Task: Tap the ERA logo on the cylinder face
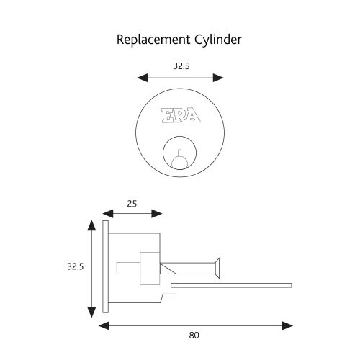(179, 115)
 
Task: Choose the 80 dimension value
(194, 335)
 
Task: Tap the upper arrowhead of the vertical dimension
(91, 225)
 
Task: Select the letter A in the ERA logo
(193, 115)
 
